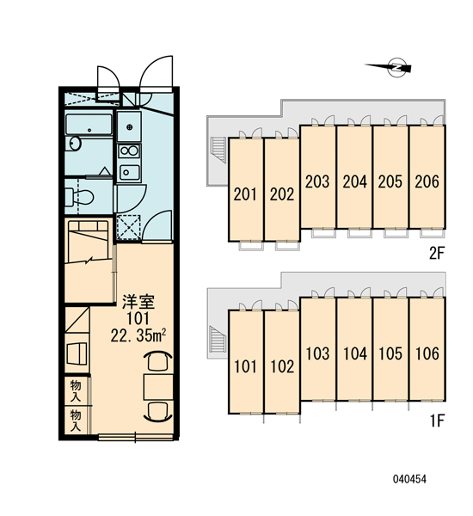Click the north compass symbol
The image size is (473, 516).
tap(389, 68)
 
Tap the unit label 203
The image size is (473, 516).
tap(317, 181)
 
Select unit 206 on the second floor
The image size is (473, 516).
tap(427, 176)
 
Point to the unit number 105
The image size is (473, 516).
tap(390, 353)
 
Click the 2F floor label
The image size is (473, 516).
tap(437, 253)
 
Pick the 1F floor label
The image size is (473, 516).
tap(438, 421)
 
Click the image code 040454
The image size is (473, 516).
tap(409, 479)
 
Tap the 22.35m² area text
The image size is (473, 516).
tap(138, 335)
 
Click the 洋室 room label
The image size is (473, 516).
tap(138, 302)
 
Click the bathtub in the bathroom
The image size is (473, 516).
tap(89, 125)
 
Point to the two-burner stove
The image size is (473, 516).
tap(129, 151)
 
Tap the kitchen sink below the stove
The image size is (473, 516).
tap(129, 172)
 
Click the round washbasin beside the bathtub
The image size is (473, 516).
tap(75, 144)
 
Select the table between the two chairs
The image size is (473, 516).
tap(158, 387)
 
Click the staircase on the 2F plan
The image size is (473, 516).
tap(218, 150)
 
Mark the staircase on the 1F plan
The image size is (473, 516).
tap(218, 340)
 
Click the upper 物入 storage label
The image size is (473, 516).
tap(76, 390)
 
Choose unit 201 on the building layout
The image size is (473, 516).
tap(246, 190)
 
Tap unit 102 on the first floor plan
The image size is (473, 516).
tap(282, 362)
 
